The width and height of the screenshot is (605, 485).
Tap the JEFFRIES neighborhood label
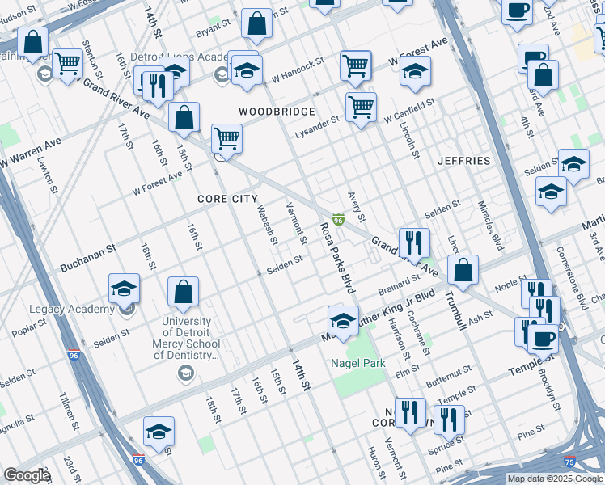[x=464, y=161]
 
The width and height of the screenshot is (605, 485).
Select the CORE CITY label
[x=228, y=198]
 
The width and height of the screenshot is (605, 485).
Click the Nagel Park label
[x=357, y=363]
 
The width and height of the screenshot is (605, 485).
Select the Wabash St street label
[x=268, y=225]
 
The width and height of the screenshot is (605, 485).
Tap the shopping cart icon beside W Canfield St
[x=361, y=105]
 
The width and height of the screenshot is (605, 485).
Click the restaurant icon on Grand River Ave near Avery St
[x=413, y=242]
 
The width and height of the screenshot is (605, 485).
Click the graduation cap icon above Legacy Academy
[x=125, y=289]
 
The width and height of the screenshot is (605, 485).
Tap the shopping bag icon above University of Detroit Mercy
[x=184, y=293]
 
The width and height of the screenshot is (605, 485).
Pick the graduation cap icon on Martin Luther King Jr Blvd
[x=343, y=320]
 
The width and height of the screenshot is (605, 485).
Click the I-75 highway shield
[x=571, y=462]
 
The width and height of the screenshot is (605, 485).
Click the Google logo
[x=27, y=475]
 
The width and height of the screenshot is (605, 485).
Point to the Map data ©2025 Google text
[x=555, y=479]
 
